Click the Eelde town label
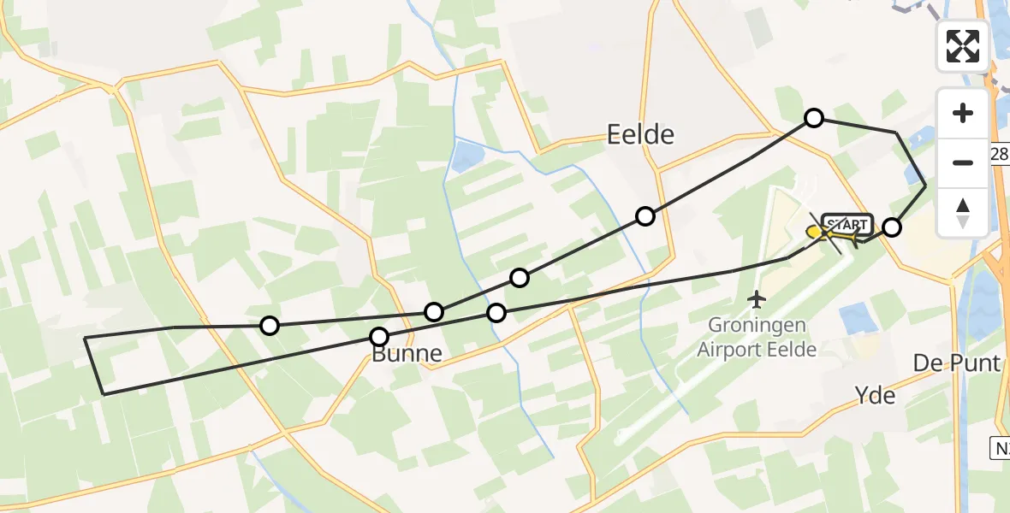(x=640, y=134)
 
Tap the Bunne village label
(x=407, y=354)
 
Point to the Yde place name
(x=875, y=395)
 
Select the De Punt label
(x=956, y=363)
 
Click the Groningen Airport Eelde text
(x=756, y=337)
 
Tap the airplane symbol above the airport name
(x=756, y=299)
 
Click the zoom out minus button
(x=963, y=162)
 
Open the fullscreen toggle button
(x=963, y=46)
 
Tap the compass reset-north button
(x=963, y=210)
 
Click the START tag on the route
(x=847, y=225)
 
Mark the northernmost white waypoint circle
(x=814, y=118)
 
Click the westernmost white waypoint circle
(x=270, y=325)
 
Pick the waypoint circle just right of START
(x=892, y=227)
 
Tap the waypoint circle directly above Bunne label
(x=379, y=337)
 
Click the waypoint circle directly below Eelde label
(x=645, y=216)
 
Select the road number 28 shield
(x=1000, y=154)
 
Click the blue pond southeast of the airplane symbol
(x=858, y=318)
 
